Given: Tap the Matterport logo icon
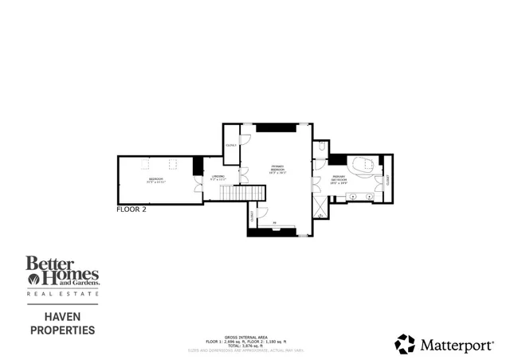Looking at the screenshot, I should [x=405, y=344].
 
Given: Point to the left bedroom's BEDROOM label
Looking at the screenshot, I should [x=155, y=181].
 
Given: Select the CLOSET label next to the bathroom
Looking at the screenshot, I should [x=388, y=182].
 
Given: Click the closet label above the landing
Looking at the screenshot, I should [x=231, y=145].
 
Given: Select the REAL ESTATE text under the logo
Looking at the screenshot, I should [x=63, y=295].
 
